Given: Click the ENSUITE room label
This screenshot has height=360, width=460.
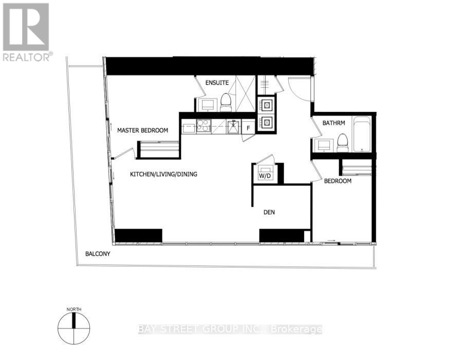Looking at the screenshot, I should pyautogui.click(x=217, y=83).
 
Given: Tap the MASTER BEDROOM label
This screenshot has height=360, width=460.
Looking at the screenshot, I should pyautogui.click(x=142, y=130).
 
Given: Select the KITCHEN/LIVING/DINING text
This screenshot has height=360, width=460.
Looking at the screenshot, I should pyautogui.click(x=163, y=175).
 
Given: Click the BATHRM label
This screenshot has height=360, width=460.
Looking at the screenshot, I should pyautogui.click(x=333, y=123).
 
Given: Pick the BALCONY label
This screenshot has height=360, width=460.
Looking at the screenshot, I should pyautogui.click(x=98, y=254).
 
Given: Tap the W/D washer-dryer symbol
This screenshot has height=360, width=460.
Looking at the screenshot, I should pyautogui.click(x=265, y=174).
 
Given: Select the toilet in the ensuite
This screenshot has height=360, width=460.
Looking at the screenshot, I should pyautogui.click(x=226, y=103).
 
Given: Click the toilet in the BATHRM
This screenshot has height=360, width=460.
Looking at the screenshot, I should pyautogui.click(x=342, y=143).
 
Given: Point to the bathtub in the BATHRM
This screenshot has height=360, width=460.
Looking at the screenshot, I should pyautogui.click(x=363, y=135).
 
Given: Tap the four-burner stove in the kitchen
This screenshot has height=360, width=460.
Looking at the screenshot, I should pyautogui.click(x=203, y=126).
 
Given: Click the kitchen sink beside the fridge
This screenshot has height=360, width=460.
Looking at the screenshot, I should pyautogui.click(x=233, y=126).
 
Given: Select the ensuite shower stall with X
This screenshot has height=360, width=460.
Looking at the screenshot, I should pyautogui.click(x=245, y=93).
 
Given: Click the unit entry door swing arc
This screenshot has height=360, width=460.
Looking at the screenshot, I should pyautogui.click(x=299, y=88).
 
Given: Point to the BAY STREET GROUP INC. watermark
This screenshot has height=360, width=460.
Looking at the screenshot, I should pyautogui.click(x=230, y=329).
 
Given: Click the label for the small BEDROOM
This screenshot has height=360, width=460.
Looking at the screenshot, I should pyautogui.click(x=337, y=181).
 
